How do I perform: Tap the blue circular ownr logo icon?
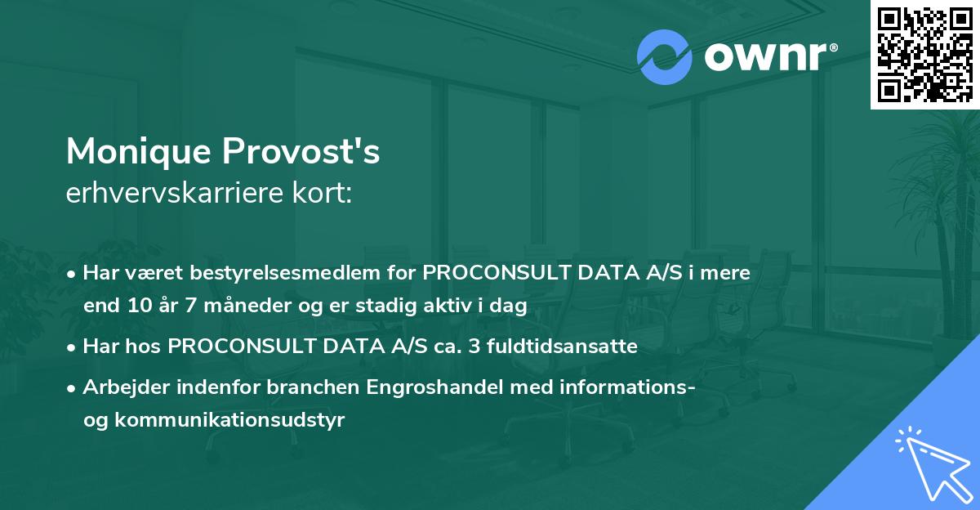click(x=664, y=57)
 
